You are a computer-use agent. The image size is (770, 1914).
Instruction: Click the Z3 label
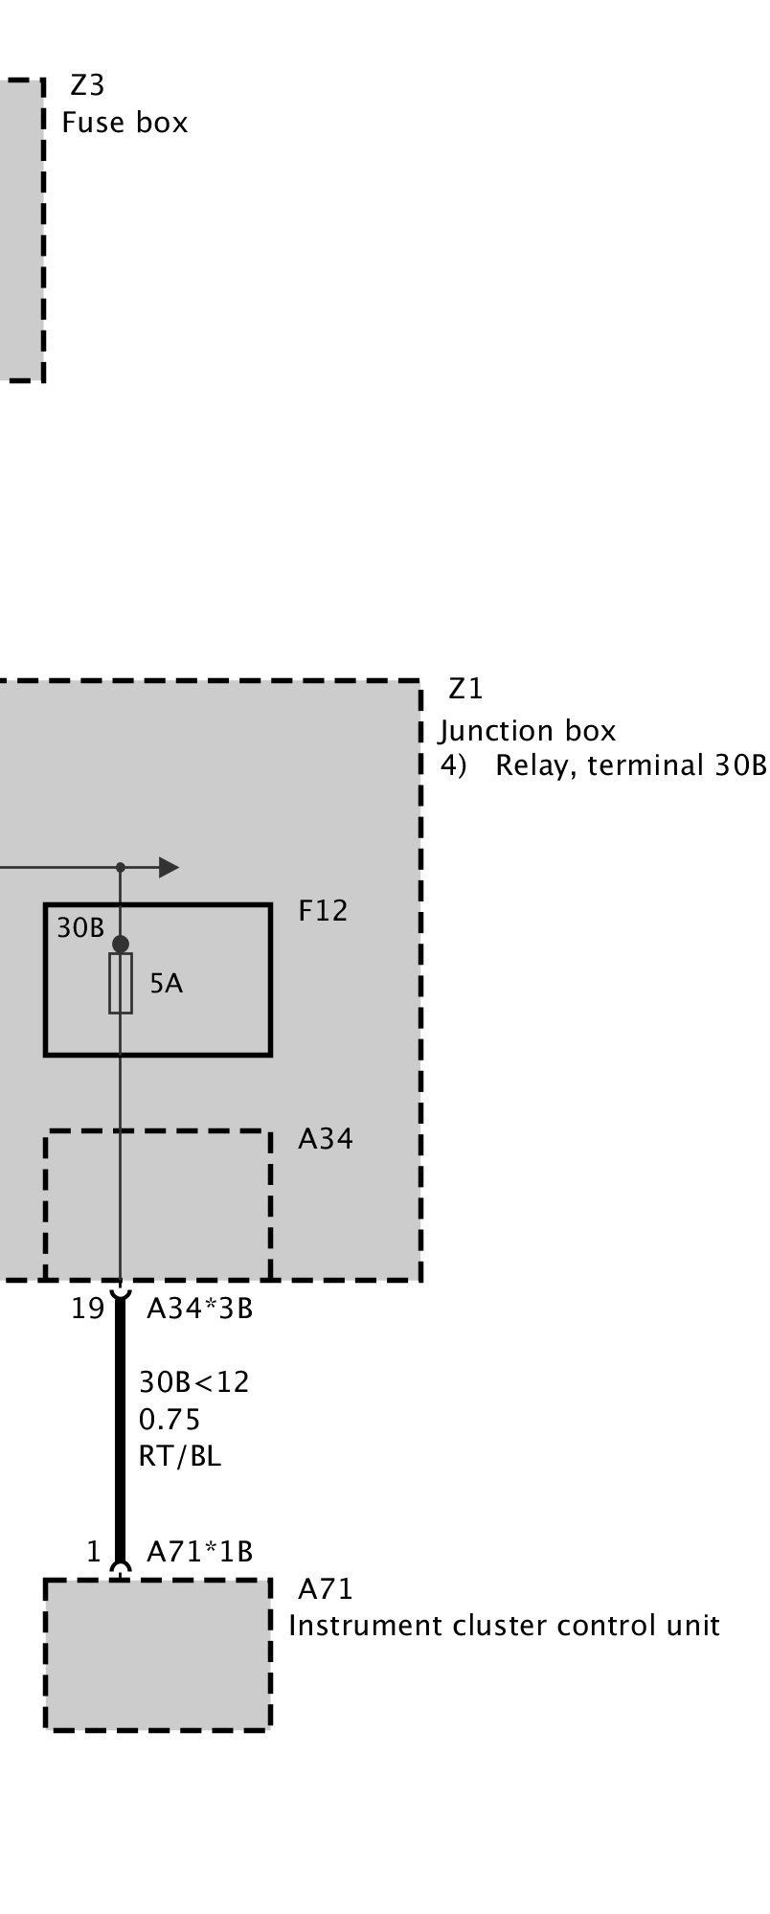click(87, 86)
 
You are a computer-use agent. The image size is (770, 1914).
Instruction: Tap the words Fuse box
click(125, 123)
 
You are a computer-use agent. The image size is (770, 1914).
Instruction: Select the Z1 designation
click(465, 689)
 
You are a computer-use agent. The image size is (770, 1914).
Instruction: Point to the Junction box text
click(528, 731)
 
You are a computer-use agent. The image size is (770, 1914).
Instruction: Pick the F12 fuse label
click(323, 910)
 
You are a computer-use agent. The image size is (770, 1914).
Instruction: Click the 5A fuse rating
click(166, 984)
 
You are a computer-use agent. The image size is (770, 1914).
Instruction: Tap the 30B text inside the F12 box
click(80, 927)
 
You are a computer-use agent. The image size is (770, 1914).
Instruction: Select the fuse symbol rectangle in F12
click(121, 983)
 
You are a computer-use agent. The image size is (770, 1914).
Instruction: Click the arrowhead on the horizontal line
click(169, 868)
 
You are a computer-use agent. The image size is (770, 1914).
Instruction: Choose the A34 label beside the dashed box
click(326, 1138)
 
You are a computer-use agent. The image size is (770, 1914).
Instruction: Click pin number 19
click(87, 1309)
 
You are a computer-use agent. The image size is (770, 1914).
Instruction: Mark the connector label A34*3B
click(199, 1309)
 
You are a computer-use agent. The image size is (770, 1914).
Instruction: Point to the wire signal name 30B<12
click(193, 1382)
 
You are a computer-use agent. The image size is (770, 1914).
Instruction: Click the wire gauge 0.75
click(170, 1419)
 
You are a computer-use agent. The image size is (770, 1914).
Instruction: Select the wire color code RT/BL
click(180, 1456)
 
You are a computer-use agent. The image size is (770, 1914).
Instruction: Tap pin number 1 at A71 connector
click(93, 1551)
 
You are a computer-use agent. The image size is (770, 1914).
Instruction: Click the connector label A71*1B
click(199, 1551)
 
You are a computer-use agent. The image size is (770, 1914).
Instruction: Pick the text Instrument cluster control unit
click(504, 1626)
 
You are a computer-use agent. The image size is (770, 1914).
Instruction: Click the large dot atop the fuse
click(121, 945)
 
